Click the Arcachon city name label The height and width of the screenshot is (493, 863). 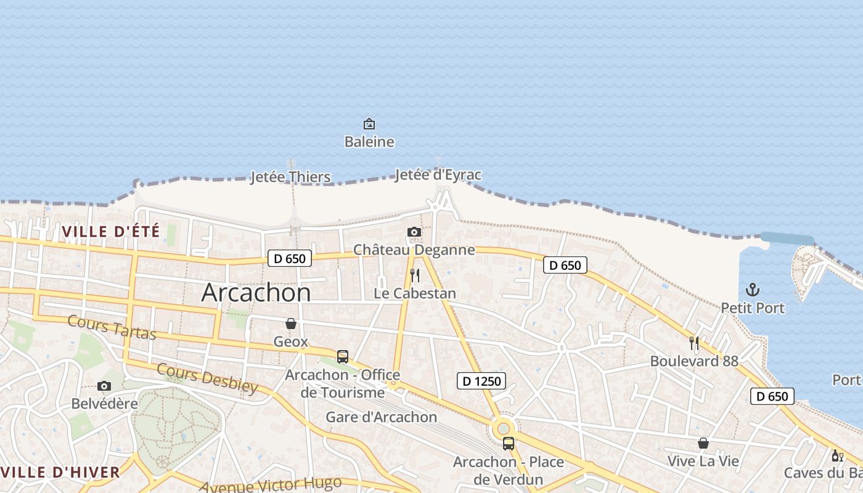tap(256, 292)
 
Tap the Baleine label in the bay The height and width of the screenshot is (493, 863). tap(369, 142)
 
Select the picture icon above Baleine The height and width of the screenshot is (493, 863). tap(369, 124)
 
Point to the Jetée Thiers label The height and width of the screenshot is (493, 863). tap(290, 177)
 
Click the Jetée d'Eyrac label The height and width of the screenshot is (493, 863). tap(438, 175)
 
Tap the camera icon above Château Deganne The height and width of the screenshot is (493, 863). tap(414, 232)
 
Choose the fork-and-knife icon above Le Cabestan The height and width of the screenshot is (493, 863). tap(415, 275)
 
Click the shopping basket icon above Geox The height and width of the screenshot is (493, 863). tap(291, 324)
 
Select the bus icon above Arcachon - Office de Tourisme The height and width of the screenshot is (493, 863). tap(342, 356)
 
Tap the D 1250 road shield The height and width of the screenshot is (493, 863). tap(481, 381)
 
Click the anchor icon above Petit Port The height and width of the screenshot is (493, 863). tap(752, 290)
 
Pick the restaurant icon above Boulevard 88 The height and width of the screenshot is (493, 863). tap(694, 343)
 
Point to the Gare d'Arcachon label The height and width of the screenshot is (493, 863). tap(381, 417)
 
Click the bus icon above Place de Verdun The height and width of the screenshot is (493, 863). tap(508, 444)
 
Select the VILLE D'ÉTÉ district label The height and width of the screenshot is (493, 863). tap(111, 232)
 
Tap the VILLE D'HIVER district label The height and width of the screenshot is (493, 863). tap(60, 473)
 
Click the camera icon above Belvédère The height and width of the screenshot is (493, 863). tap(104, 386)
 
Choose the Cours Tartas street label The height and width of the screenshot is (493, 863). tap(112, 327)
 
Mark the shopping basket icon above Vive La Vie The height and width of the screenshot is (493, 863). tap(703, 443)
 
